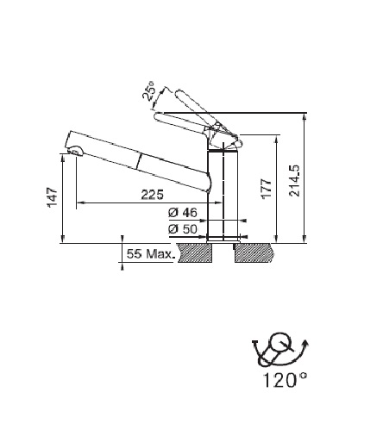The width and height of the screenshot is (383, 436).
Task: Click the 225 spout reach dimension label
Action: click(152, 195)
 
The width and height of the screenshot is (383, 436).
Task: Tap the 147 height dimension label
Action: click(53, 197)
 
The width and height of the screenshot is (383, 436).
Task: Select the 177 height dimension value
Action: click(267, 189)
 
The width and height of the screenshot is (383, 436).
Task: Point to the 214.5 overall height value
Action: click(294, 181)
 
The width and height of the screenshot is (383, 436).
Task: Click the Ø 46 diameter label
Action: click(183, 213)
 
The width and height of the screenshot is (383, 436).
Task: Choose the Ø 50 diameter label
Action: click(183, 229)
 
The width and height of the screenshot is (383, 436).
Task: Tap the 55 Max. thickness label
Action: click(151, 254)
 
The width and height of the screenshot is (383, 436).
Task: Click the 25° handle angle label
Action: click(149, 90)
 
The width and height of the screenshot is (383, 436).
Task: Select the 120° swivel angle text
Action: click(285, 380)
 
